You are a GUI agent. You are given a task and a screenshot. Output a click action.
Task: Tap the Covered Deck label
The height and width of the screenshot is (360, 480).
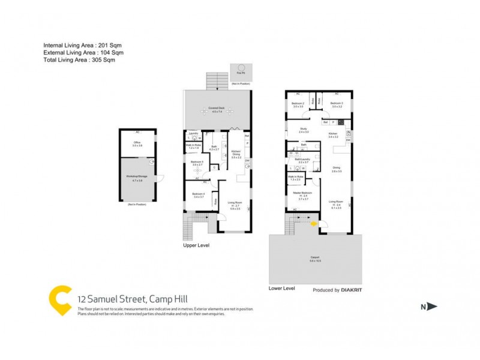tap(215, 109)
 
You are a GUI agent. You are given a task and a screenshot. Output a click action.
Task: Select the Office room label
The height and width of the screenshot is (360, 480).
tap(137, 143)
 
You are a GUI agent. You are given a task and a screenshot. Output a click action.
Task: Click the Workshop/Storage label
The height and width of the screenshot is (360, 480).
tap(137, 178)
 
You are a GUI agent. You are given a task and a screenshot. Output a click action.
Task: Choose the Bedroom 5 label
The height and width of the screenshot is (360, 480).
tap(197, 163)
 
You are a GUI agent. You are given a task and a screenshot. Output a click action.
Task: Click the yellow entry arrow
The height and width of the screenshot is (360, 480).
tap(313, 223)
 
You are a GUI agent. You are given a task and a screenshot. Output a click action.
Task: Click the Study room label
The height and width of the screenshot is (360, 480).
tap(304, 130)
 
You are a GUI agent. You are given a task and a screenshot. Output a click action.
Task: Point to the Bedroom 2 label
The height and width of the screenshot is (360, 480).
tap(298, 104)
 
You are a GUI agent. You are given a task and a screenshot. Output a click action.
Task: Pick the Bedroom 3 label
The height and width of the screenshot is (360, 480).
tap(336, 104)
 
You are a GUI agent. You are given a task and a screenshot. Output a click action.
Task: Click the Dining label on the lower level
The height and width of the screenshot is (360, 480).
tap(336, 169)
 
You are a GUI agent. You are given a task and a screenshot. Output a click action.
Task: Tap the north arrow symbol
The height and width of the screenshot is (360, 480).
tap(431, 307)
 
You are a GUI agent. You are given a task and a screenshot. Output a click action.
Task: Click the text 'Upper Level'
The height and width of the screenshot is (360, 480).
tap(196, 246)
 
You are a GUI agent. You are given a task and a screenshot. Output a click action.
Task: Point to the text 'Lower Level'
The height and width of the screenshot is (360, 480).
tap(282, 289)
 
